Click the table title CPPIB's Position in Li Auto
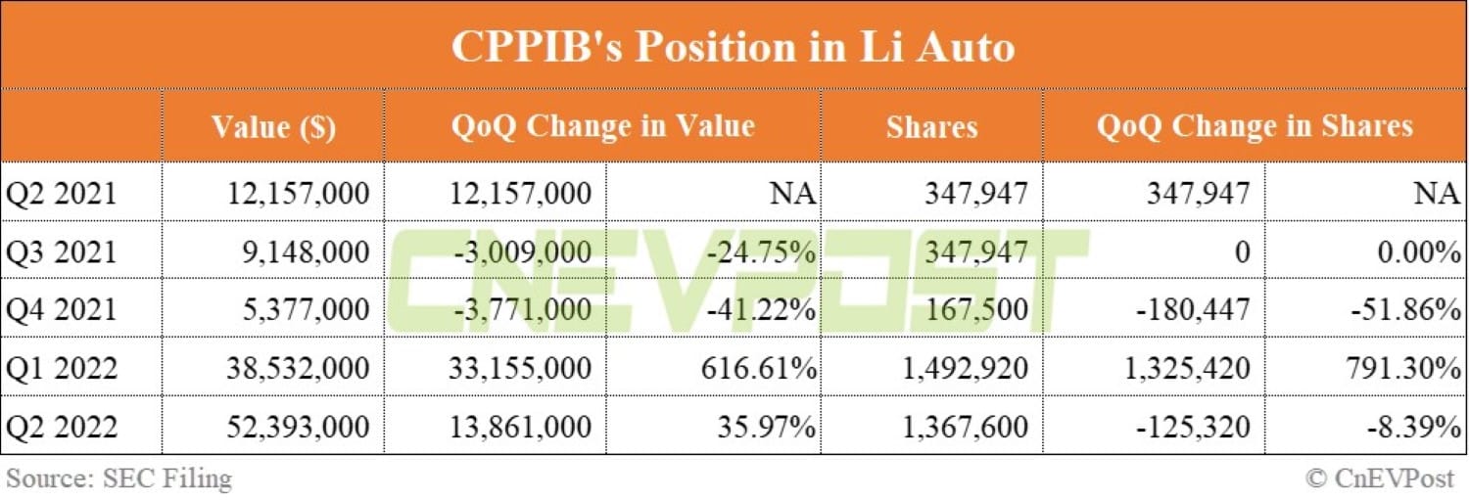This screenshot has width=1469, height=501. (x=733, y=47)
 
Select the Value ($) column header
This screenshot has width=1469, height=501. (x=273, y=127)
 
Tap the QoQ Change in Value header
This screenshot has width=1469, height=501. (x=602, y=126)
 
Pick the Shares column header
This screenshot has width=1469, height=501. (x=931, y=127)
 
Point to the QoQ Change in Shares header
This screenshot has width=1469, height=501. (x=1255, y=126)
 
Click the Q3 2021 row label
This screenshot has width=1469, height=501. (x=61, y=251)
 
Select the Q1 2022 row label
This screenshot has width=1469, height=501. (x=61, y=368)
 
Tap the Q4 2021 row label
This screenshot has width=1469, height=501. (x=61, y=310)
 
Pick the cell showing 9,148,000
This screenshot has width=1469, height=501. (x=306, y=251)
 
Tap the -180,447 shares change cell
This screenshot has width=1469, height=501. (x=1194, y=310)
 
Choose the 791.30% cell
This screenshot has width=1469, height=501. (x=1407, y=368)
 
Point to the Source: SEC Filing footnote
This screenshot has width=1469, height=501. (x=119, y=478)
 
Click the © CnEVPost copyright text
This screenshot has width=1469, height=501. (x=1380, y=478)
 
